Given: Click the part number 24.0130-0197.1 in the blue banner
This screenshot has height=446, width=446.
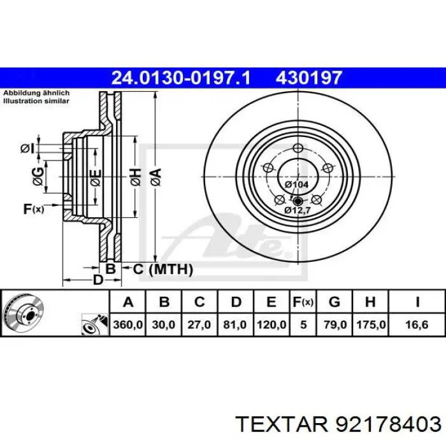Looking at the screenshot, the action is [x=181, y=78].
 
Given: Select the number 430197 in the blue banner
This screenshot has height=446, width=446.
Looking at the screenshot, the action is [x=308, y=78].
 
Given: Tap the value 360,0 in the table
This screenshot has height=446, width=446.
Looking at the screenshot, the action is [x=127, y=324].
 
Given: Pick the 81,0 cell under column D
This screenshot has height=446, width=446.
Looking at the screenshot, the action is [x=234, y=324].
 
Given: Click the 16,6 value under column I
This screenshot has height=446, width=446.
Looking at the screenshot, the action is [x=417, y=324].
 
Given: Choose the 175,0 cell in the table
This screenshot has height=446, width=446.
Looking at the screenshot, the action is [x=371, y=324].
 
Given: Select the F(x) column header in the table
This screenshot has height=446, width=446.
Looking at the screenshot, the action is [x=303, y=302].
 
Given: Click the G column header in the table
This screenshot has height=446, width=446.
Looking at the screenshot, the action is [x=334, y=302].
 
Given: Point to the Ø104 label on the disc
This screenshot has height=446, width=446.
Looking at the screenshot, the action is [x=297, y=185].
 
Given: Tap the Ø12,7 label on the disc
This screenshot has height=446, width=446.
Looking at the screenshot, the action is [x=298, y=210].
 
